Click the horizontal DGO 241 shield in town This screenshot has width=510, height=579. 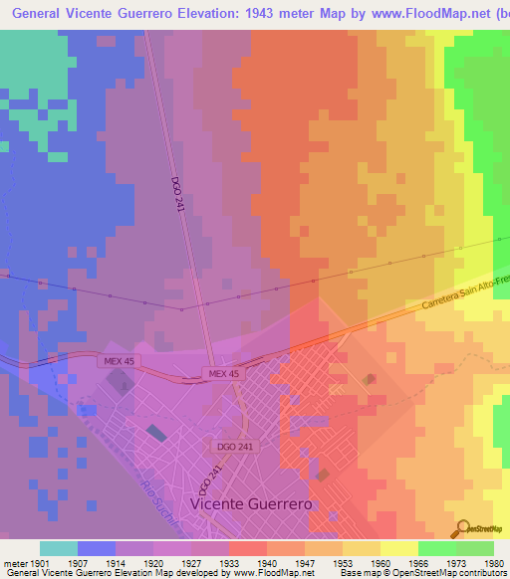(228, 447)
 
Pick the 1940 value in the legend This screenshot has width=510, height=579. (266, 563)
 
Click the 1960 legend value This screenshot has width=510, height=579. (379, 563)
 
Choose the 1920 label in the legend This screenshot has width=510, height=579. (154, 563)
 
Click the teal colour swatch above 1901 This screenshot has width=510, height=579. (58, 548)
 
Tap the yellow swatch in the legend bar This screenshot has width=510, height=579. (398, 548)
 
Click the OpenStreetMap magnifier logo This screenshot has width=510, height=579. (462, 529)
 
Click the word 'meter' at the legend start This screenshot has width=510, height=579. (14, 563)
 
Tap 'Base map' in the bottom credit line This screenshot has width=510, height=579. (357, 574)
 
